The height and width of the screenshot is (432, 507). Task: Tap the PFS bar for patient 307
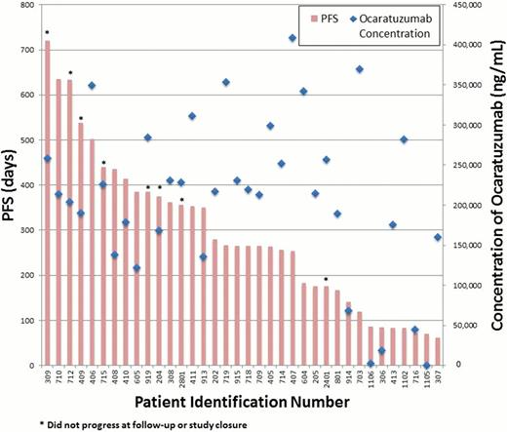[437, 352]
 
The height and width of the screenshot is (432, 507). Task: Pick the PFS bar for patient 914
[348, 334]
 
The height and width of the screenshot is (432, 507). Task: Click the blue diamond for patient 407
[292, 39]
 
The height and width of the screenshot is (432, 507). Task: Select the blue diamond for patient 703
[359, 69]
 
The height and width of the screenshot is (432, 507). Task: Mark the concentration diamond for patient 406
[92, 86]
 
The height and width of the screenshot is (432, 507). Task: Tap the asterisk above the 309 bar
[47, 32]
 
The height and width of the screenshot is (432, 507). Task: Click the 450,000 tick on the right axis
[460, 7]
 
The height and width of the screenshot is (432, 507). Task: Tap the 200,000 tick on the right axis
[460, 206]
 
